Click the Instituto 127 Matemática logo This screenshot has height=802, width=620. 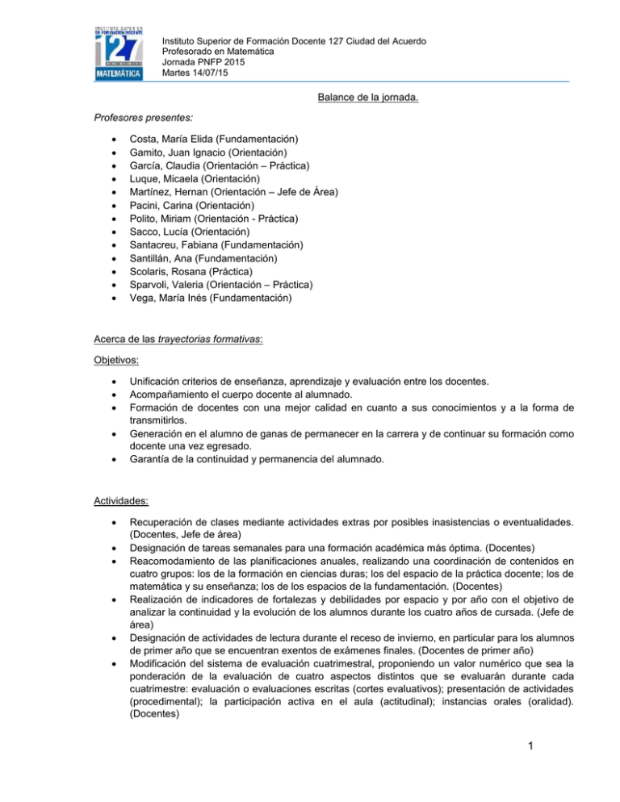pyautogui.click(x=119, y=52)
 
